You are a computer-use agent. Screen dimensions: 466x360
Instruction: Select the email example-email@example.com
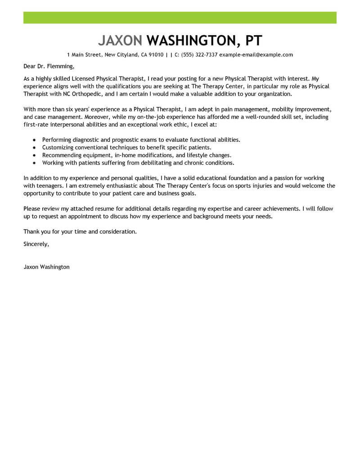(x=256, y=55)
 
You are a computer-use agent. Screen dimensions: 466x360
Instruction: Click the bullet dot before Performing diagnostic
(x=35, y=140)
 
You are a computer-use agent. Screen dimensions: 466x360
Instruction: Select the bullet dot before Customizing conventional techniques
(x=35, y=148)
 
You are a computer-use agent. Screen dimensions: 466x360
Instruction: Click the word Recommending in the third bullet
(x=62, y=155)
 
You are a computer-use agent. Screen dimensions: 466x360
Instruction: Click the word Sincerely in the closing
(x=36, y=244)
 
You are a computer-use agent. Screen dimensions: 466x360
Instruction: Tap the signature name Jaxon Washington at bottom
(x=46, y=267)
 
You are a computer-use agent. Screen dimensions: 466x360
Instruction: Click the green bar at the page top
(x=180, y=18)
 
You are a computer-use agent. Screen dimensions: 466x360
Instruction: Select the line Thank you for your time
(x=79, y=231)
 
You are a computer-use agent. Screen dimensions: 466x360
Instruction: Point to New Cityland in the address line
(x=121, y=55)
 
